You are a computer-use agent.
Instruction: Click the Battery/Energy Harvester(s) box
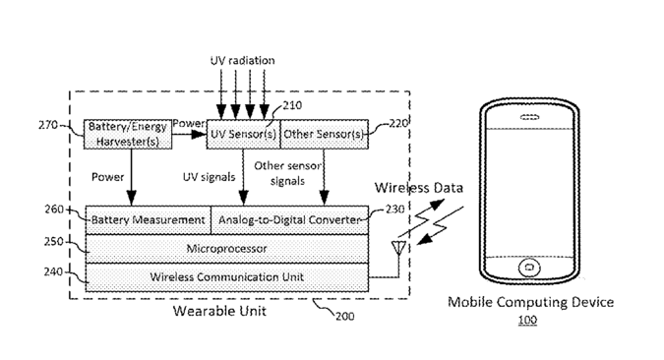tap(128, 134)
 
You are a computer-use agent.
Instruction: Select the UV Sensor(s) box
tap(244, 134)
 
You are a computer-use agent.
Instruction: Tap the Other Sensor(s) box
tap(325, 134)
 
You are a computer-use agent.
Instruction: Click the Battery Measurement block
tap(149, 220)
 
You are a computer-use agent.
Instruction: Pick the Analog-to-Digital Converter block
tap(289, 220)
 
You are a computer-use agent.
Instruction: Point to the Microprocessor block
tap(227, 249)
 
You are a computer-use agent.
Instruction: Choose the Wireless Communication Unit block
tap(227, 277)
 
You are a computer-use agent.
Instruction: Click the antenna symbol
tap(398, 248)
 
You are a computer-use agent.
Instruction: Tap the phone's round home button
tap(529, 268)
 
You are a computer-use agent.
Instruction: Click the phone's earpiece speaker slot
tap(529, 117)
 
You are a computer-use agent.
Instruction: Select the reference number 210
tap(292, 105)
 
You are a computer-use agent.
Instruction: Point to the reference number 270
tap(48, 125)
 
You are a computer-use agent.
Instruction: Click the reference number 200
tap(345, 317)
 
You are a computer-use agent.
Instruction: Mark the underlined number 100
tap(527, 320)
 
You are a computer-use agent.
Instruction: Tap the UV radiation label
tap(243, 61)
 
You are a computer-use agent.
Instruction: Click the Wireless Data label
tap(419, 188)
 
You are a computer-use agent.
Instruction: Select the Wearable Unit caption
tap(219, 311)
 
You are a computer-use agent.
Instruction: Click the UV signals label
tap(209, 177)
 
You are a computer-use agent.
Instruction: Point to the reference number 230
tap(394, 210)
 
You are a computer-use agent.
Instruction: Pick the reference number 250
tap(53, 242)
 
